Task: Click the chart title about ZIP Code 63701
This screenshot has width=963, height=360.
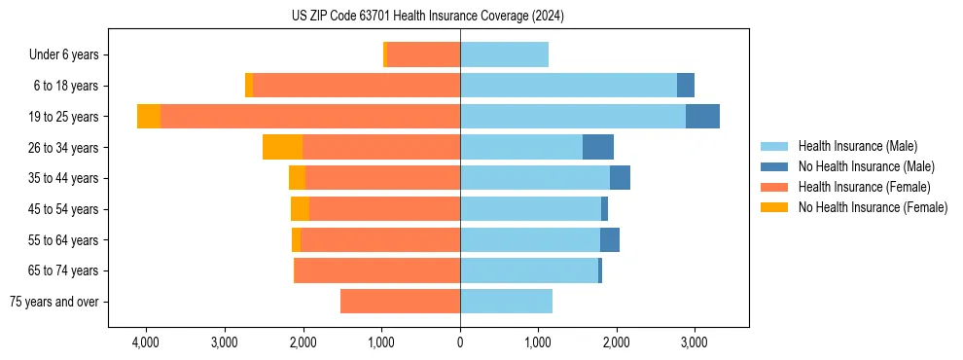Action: (x=427, y=17)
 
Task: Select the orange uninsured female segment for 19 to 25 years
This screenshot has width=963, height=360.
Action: (x=149, y=117)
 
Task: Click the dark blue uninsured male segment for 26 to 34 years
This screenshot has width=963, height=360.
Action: (x=598, y=147)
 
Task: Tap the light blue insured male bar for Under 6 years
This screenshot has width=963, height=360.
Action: (x=504, y=55)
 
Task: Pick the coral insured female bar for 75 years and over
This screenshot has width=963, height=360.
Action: (x=400, y=302)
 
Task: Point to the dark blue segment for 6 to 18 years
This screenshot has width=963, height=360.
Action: (x=686, y=86)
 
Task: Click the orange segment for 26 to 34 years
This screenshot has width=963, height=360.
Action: (x=282, y=147)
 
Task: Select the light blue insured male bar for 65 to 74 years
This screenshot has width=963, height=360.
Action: (x=529, y=270)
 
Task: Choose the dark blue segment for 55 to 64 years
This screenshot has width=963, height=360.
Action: (x=610, y=239)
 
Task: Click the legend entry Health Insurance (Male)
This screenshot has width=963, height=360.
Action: (x=857, y=146)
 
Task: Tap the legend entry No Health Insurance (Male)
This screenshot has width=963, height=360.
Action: (x=866, y=166)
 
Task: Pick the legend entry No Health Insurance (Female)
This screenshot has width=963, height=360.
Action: (x=873, y=207)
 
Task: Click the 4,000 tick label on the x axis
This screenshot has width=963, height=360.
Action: (x=146, y=342)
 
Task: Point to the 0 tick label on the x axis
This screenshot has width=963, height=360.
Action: (x=460, y=342)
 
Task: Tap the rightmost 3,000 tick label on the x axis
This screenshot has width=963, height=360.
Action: (x=694, y=342)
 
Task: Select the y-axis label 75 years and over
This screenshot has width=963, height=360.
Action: (x=54, y=302)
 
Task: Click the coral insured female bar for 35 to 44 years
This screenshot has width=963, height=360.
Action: (x=382, y=178)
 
